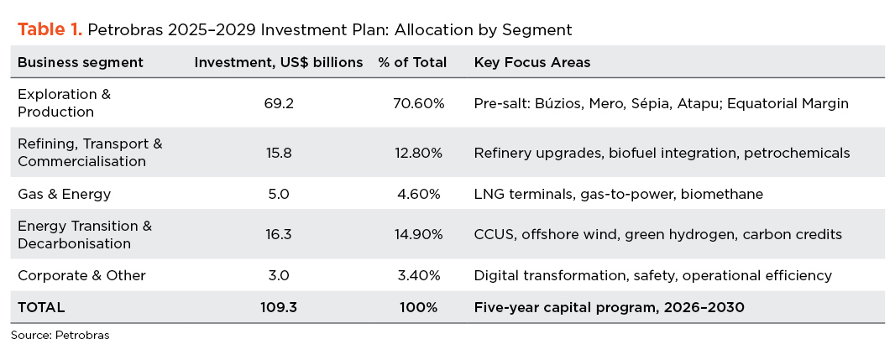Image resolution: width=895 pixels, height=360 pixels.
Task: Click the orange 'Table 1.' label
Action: (50, 29)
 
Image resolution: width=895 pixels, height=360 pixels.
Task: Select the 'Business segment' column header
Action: (81, 62)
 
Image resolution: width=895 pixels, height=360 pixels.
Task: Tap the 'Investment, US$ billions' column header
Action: (279, 62)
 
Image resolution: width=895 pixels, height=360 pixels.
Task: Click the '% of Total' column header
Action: (413, 62)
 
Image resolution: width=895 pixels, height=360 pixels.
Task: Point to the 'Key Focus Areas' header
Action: (532, 62)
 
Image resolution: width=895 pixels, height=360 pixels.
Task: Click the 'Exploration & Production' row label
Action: (64, 102)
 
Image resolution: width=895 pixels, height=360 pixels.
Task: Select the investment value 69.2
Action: (278, 103)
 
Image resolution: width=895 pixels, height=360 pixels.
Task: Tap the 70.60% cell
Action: (419, 103)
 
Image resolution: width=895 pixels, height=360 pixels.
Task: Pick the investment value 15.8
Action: (278, 153)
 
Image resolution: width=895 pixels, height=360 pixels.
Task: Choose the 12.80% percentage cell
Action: (419, 153)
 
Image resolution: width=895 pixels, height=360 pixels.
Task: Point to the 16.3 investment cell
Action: (278, 234)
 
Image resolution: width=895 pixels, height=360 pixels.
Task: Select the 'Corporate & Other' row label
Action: (81, 275)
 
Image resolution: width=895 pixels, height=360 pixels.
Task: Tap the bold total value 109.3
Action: (278, 308)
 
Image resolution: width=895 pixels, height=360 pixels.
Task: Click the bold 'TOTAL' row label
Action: (41, 308)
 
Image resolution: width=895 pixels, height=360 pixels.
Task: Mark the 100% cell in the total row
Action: (419, 308)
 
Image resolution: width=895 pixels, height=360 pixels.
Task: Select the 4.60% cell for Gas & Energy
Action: (419, 194)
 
